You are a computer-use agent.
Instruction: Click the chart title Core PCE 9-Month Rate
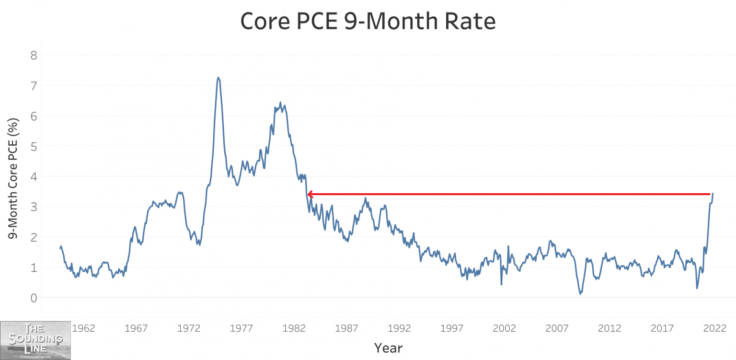(368, 22)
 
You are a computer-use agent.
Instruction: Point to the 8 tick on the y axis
(34, 55)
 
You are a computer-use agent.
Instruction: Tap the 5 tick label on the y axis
(34, 146)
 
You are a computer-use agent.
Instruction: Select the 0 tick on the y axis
(34, 298)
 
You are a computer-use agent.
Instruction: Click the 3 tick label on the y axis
(34, 207)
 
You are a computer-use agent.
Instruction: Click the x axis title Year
(388, 348)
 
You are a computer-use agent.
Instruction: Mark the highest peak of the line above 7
(218, 77)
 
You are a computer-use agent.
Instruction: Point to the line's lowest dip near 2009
(580, 293)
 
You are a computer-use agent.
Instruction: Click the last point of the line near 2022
(713, 194)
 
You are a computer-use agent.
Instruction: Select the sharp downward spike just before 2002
(501, 284)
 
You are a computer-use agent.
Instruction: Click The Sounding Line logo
(35, 340)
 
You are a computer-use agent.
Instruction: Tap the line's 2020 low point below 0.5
(697, 288)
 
